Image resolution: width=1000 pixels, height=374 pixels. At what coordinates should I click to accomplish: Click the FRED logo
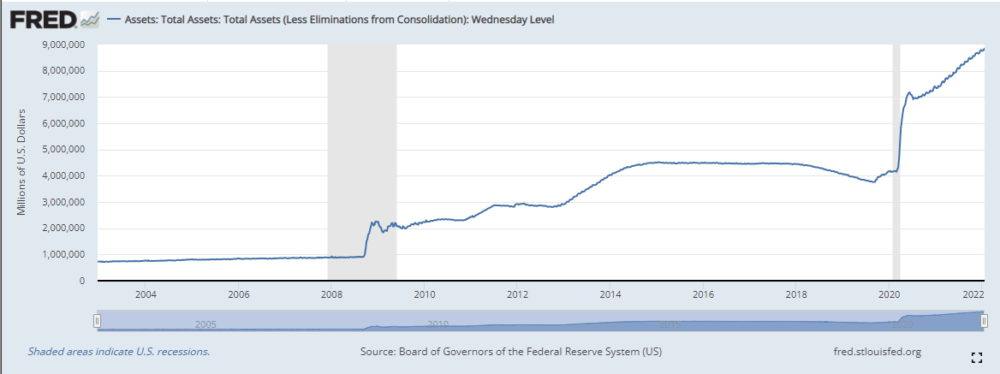[44, 18]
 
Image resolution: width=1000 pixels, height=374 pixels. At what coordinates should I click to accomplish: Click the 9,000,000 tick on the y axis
[62, 45]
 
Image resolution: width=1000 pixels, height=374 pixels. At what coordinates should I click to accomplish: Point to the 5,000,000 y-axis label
[62, 150]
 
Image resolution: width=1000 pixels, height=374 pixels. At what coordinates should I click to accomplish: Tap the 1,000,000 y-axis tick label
[62, 255]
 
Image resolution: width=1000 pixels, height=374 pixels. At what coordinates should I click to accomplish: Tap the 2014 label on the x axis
[610, 295]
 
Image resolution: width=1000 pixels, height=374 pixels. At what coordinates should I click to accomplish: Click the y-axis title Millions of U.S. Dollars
[22, 162]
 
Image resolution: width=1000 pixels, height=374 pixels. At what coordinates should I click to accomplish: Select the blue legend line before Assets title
[113, 19]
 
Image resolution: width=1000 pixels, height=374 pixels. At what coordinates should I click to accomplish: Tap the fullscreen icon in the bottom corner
[976, 357]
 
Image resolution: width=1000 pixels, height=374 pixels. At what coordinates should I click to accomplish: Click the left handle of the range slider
[98, 320]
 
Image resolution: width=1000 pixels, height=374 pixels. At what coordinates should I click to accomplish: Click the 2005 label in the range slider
[205, 324]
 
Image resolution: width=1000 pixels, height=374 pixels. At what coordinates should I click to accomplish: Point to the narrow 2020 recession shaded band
[896, 163]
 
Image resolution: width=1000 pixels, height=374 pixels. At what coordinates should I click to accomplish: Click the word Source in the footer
[378, 352]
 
